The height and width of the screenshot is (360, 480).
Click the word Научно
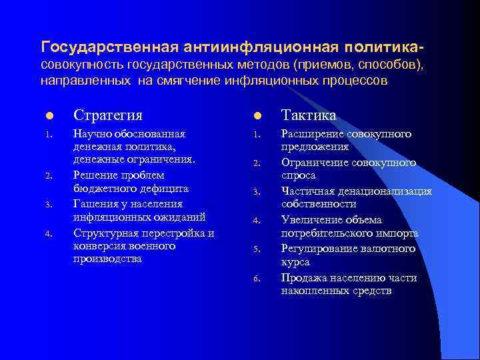pyautogui.click(x=93, y=134)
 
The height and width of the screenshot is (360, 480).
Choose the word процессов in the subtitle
pyautogui.click(x=355, y=81)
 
